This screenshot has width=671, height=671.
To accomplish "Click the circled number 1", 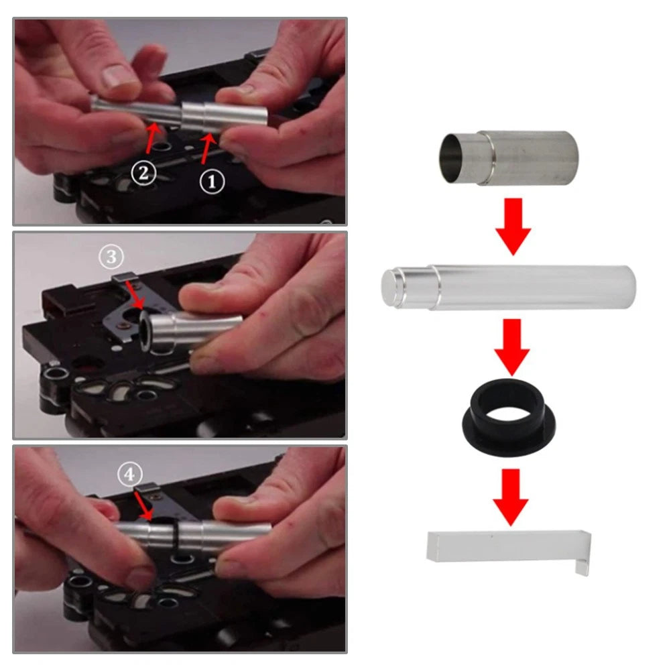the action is point(212,182).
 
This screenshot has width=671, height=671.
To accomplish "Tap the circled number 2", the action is point(143,174).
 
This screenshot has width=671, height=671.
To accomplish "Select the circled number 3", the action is point(111,257).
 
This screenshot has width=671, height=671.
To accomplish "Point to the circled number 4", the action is point(129,475).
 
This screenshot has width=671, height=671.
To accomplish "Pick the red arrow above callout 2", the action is point(152,138).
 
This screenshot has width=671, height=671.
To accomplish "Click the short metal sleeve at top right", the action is point(509,158).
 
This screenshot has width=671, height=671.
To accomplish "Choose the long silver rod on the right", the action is point(508,287).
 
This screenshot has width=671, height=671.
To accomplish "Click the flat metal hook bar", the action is point(509,550).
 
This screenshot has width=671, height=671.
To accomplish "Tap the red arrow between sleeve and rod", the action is point(513,227).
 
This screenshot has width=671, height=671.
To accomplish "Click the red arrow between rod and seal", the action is point(512,347).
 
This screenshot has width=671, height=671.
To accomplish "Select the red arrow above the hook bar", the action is point(511,497).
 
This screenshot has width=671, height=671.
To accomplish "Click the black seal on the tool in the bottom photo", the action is point(176,537).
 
